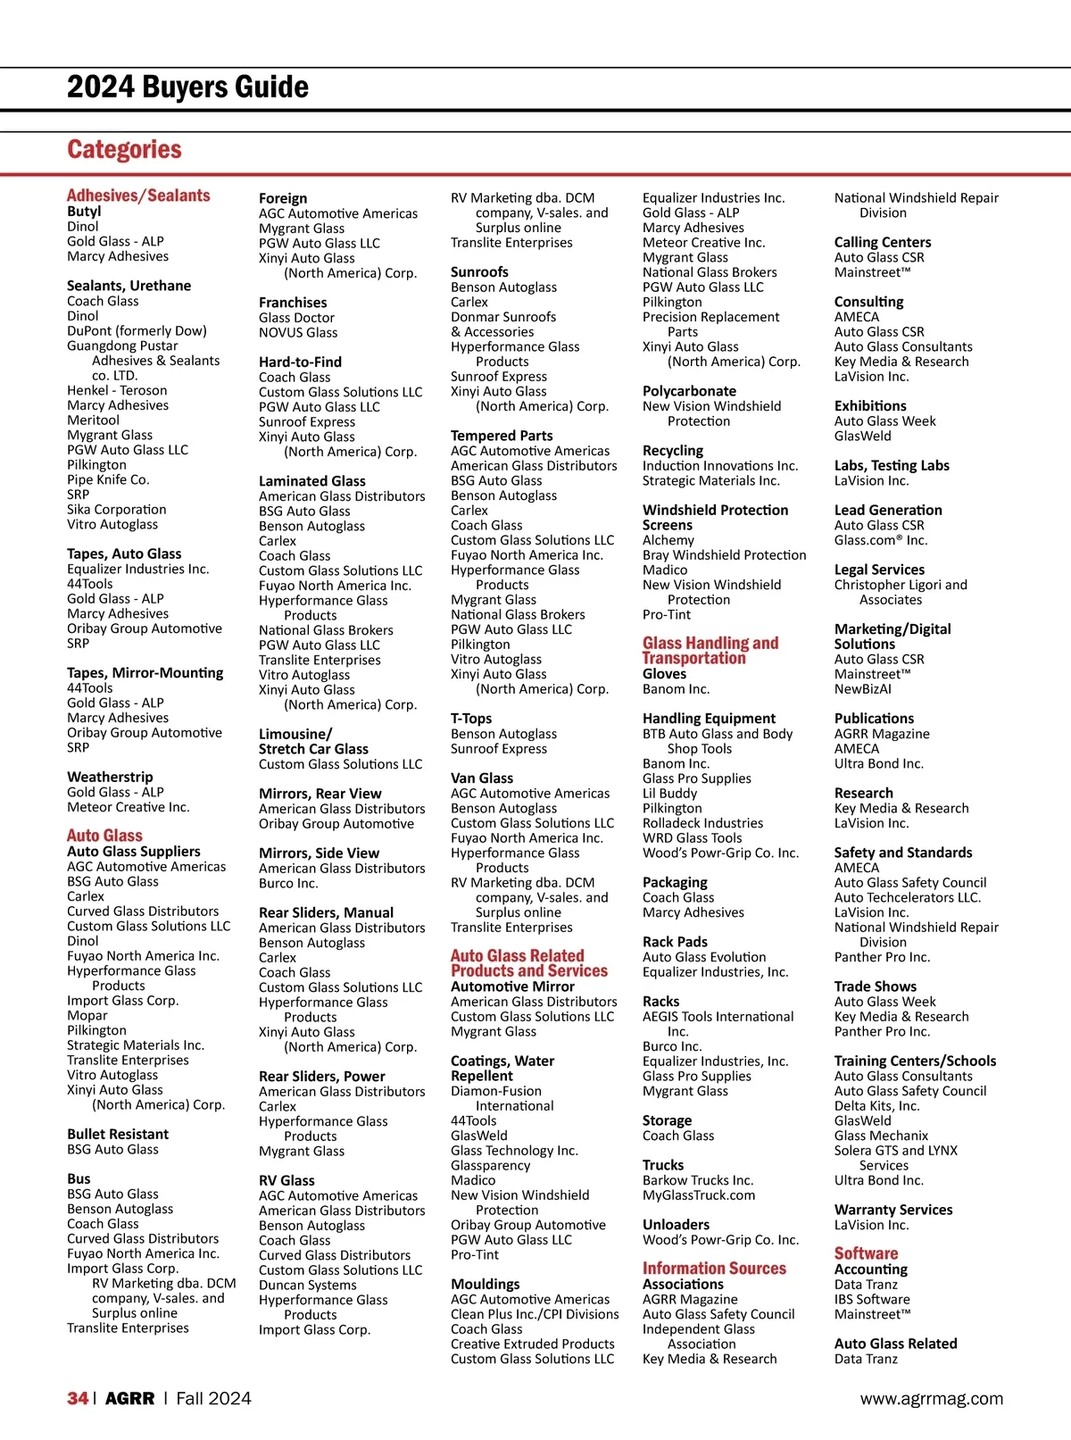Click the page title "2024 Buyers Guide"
pyautogui.click(x=187, y=87)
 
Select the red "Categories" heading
pyautogui.click(x=124, y=150)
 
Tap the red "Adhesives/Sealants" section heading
pyautogui.click(x=138, y=196)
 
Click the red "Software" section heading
pyautogui.click(x=866, y=1253)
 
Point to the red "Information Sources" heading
pyautogui.click(x=714, y=1269)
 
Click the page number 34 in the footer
pyautogui.click(x=78, y=1399)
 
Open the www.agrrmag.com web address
pyautogui.click(x=932, y=1399)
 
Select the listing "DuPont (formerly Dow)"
pyautogui.click(x=137, y=331)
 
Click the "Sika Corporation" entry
pyautogui.click(x=116, y=510)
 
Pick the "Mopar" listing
pyautogui.click(x=87, y=1016)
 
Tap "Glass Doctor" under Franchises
pyautogui.click(x=296, y=318)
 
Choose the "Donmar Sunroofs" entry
pyautogui.click(x=503, y=317)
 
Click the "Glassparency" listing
pyautogui.click(x=490, y=1166)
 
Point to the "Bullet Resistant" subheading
pyautogui.click(x=117, y=1135)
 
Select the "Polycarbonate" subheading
pyautogui.click(x=689, y=391)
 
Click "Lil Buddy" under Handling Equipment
pyautogui.click(x=669, y=794)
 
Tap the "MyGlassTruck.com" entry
pyautogui.click(x=699, y=1195)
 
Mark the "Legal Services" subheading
pyautogui.click(x=879, y=570)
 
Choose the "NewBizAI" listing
pyautogui.click(x=862, y=689)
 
